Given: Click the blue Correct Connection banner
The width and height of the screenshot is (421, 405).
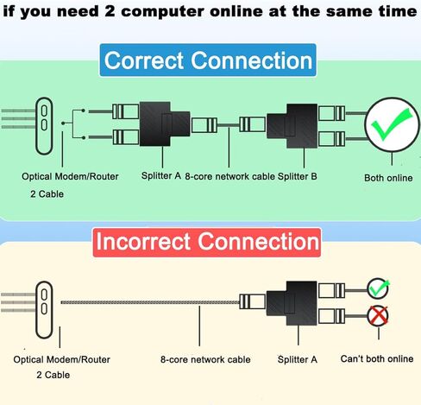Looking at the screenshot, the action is pos(208,60).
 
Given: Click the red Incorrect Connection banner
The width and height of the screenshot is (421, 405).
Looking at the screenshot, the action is pos(207,242).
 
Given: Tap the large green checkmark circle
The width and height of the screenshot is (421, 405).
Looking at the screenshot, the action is pos(392,124).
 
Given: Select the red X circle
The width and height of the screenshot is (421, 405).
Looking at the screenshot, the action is pos(378,316).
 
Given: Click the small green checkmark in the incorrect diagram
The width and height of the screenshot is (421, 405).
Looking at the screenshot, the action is pos(378,288).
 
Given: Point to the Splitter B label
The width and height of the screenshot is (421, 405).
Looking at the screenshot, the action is pos(297,176).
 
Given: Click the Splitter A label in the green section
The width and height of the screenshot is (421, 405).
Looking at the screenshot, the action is pos(161,175).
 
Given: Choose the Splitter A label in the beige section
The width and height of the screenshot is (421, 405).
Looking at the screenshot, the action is pos(298,359).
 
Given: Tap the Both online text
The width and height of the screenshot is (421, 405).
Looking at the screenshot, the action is pos(388,178).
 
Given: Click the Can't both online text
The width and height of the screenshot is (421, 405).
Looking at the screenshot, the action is pos(377,358).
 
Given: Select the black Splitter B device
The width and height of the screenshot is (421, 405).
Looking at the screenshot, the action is pos(292,126).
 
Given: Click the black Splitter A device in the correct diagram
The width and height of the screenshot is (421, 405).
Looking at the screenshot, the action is pos(165,123).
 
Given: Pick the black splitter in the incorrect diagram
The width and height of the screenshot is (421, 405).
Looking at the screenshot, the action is pos(292,303).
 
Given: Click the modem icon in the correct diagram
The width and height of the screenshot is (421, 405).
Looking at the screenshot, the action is pos(44,126).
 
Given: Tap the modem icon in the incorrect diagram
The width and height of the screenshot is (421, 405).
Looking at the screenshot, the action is pos(44,310).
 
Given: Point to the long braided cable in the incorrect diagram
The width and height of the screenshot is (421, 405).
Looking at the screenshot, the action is pos(150,302).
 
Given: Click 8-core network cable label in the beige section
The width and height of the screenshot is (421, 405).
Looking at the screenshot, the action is pos(205,359).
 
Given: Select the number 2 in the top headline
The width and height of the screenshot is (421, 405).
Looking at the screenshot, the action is pos(110,11).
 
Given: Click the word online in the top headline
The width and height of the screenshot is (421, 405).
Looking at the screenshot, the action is pos(236,11).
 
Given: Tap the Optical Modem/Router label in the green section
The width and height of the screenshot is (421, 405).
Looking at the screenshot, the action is pos(70,176).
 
